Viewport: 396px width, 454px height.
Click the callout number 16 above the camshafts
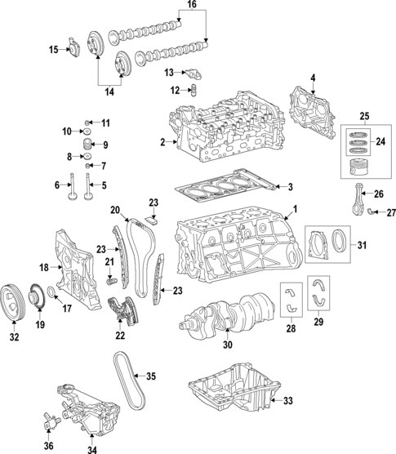pos(192,6)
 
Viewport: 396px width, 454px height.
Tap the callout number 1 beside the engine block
pos(296,209)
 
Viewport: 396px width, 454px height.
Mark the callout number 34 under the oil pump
pos(91,447)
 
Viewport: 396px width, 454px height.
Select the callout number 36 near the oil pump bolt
pos(48,445)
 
